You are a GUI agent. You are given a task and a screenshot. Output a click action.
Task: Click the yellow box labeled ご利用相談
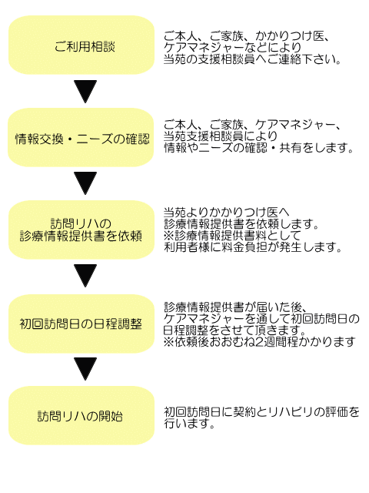pyautogui.click(x=81, y=45)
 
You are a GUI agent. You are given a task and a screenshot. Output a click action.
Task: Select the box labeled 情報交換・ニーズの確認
pyautogui.click(x=81, y=137)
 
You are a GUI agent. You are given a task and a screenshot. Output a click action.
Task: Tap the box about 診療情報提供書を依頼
pyautogui.click(x=81, y=230)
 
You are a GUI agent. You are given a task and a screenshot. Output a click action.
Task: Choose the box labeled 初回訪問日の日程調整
pyautogui.click(x=81, y=324)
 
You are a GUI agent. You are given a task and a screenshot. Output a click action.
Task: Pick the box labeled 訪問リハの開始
pyautogui.click(x=81, y=415)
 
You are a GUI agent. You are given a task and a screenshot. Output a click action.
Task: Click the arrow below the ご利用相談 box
pyautogui.click(x=85, y=91)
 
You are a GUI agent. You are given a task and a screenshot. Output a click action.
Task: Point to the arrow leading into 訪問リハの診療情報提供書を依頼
pyautogui.click(x=85, y=183)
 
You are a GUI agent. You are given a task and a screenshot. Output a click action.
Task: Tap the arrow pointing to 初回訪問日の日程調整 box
pyautogui.click(x=85, y=276)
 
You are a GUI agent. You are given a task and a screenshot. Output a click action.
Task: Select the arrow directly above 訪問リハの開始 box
pyautogui.click(x=85, y=369)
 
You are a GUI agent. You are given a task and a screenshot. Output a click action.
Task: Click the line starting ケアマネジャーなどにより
pyautogui.click(x=232, y=48)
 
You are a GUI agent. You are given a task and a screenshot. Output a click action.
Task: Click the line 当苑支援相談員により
pyautogui.click(x=221, y=136)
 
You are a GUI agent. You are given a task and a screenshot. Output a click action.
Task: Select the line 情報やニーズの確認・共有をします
pyautogui.click(x=258, y=148)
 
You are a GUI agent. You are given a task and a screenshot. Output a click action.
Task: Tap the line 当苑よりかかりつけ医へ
pyautogui.click(x=227, y=213)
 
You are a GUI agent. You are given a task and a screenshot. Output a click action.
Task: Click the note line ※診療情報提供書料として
pyautogui.click(x=232, y=236)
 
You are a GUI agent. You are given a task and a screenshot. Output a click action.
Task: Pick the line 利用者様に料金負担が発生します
pyautogui.click(x=253, y=247)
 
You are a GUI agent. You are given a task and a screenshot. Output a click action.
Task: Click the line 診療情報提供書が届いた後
pyautogui.click(x=235, y=307)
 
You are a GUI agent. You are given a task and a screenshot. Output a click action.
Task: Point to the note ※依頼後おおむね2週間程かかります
pyautogui.click(x=259, y=341)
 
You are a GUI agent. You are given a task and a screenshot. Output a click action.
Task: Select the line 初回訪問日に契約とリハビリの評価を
pyautogui.click(x=261, y=411)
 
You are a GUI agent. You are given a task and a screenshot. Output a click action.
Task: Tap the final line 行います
pyautogui.click(x=190, y=423)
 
